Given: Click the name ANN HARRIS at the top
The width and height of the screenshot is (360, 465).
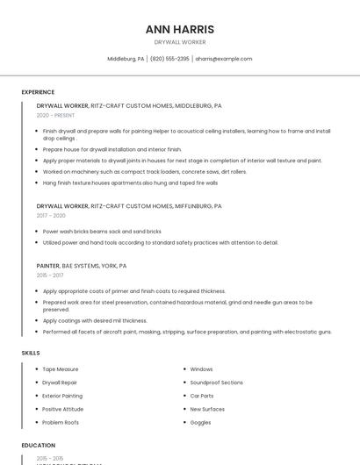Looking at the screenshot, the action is [179, 29].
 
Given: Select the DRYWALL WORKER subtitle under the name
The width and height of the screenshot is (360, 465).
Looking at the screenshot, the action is [179, 42].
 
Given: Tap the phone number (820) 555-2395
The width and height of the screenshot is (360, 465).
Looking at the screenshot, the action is [169, 59].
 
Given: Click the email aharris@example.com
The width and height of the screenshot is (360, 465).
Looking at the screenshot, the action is [223, 59].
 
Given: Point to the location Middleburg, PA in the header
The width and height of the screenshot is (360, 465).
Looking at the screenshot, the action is [126, 59].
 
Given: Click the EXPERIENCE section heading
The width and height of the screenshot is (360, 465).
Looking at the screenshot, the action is [38, 92].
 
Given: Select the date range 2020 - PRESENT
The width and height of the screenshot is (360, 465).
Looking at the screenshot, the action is [55, 115].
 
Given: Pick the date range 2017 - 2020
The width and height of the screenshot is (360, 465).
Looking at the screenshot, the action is [51, 215].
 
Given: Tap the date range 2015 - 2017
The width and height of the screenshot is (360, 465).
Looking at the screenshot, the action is [50, 275].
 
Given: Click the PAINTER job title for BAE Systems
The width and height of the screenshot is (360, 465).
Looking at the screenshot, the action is [48, 265].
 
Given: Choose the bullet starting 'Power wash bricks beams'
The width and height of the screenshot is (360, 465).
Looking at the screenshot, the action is [102, 232].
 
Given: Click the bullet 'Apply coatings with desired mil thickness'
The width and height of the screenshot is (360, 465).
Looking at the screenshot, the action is [95, 321].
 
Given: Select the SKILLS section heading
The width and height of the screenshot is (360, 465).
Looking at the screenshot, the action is [31, 353].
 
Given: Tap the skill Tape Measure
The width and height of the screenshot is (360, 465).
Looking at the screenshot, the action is [61, 369].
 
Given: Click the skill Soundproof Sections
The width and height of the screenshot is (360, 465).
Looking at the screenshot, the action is [216, 383].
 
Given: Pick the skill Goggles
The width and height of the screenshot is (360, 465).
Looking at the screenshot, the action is [200, 422].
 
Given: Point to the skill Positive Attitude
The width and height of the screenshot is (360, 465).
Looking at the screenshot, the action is [63, 409].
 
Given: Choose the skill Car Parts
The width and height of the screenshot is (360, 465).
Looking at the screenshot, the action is [202, 396].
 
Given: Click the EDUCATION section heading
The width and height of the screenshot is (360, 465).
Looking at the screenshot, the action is [38, 446].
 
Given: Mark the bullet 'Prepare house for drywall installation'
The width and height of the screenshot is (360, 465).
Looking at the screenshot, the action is [112, 149].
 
